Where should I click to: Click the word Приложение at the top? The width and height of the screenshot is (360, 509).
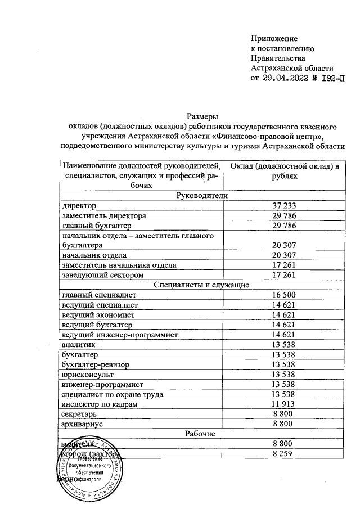273,38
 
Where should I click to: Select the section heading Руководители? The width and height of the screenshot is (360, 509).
201,196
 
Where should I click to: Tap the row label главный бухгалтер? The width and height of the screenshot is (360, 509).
96,226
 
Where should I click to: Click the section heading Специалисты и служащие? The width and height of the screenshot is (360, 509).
201,285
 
